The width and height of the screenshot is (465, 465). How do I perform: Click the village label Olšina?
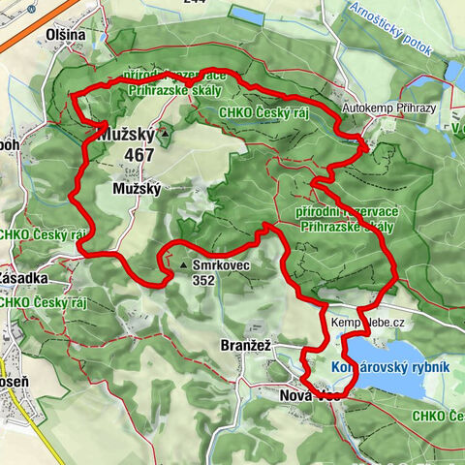[x=65, y=35]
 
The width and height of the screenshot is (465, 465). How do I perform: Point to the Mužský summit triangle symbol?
[x=166, y=134]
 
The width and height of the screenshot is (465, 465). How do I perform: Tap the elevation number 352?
[x=203, y=279]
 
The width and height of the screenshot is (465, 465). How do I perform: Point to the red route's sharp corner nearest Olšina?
[x=75, y=94]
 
